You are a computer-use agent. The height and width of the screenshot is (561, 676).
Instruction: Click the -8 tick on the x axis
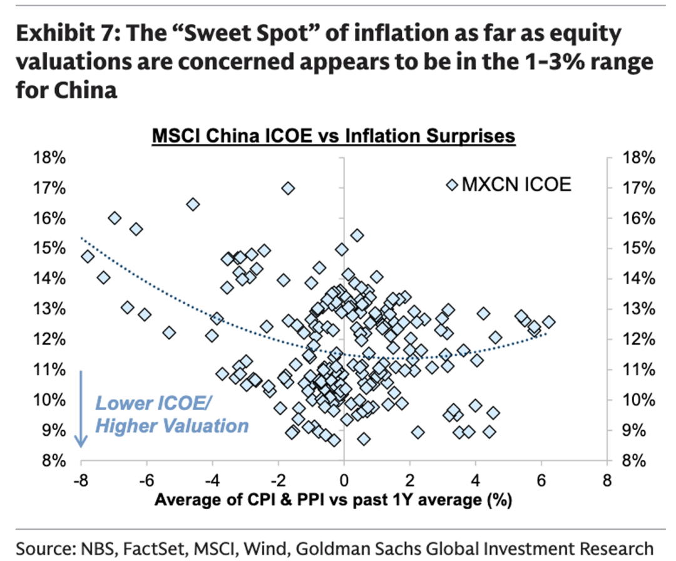pyautogui.click(x=80, y=481)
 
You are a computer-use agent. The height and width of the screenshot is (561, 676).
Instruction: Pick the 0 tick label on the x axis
pyautogui.click(x=344, y=481)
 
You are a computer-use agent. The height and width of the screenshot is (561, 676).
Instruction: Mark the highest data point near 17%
pyautogui.click(x=288, y=188)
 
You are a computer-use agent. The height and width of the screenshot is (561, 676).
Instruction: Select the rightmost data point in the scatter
pyautogui.click(x=549, y=322)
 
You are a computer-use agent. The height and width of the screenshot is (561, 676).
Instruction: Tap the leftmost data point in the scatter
pyautogui.click(x=88, y=256)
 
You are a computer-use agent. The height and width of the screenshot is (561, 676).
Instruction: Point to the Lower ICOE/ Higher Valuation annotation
pyautogui.click(x=171, y=414)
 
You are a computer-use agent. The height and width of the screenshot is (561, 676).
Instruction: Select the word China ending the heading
pyautogui.click(x=82, y=90)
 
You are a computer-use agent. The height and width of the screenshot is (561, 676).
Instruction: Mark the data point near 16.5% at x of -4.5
pyautogui.click(x=193, y=204)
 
